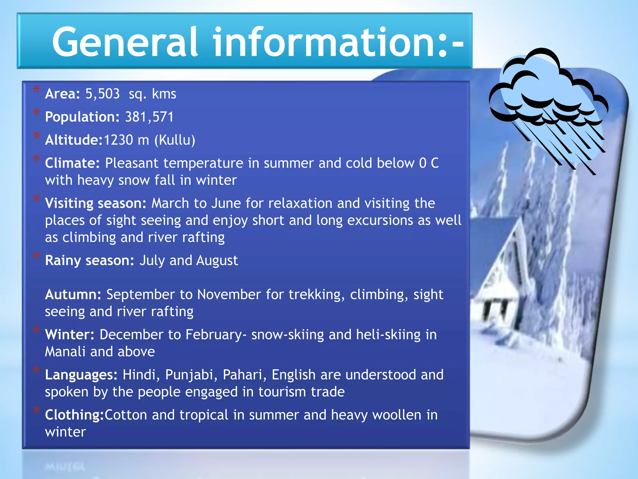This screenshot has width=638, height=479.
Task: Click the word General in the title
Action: click(125, 42)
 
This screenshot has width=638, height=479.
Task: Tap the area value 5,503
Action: click(102, 94)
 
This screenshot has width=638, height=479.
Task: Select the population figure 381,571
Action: click(149, 117)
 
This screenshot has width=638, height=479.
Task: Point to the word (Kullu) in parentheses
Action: click(175, 140)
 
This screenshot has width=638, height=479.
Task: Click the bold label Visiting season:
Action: click(96, 203)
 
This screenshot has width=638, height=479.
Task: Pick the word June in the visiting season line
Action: click(226, 203)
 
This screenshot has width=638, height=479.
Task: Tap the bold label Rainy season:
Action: click(89, 260)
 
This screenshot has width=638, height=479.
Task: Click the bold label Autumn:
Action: click(73, 294)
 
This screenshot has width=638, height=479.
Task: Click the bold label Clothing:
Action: click(74, 415)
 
